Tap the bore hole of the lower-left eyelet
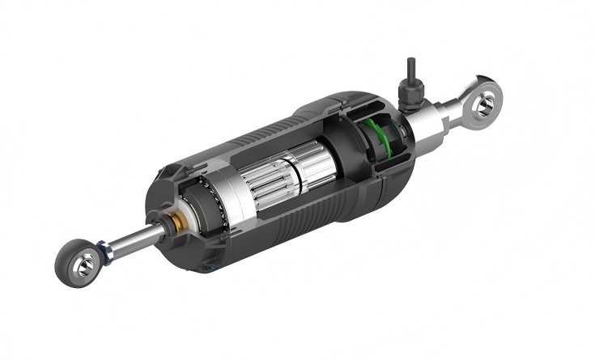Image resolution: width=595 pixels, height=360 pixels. click(83, 264)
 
